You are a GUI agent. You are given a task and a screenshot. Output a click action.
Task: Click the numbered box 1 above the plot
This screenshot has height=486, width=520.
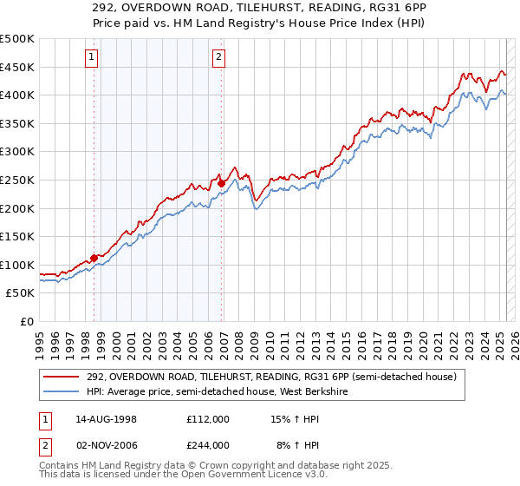[x=92, y=58]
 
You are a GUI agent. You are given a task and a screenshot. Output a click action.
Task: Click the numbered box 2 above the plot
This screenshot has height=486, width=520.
[x=218, y=58]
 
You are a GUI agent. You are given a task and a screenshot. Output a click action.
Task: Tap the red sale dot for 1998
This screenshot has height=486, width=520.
[x=94, y=257]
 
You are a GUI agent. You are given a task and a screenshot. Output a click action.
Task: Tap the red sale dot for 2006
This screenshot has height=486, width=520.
[x=221, y=183]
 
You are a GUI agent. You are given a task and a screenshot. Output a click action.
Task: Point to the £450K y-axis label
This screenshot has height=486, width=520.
[x=17, y=68]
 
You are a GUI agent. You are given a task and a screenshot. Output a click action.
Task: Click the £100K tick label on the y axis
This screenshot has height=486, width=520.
[x=17, y=266]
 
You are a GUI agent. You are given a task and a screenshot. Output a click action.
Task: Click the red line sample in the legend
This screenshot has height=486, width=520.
[x=62, y=376]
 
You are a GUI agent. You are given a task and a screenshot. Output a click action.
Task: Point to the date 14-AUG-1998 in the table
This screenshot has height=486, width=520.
[x=107, y=418]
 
